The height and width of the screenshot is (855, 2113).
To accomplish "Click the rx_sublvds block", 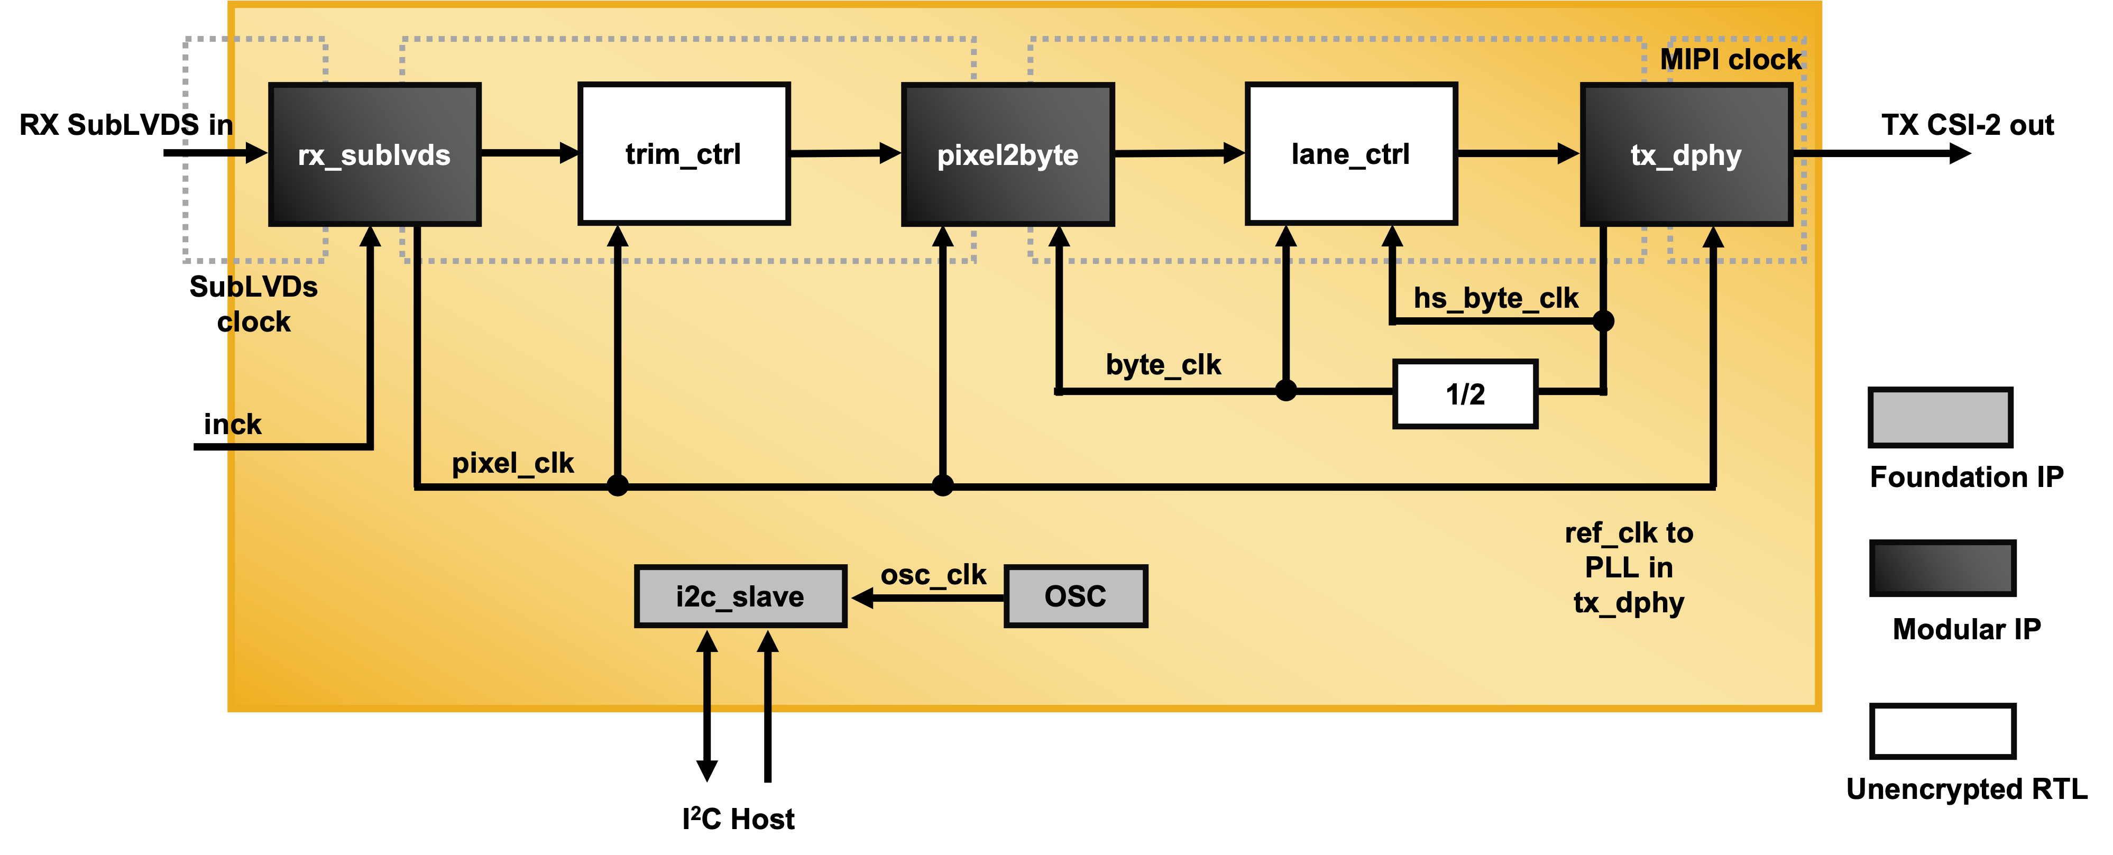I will click(374, 154).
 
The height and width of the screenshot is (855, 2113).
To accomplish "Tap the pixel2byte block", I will click(1007, 154).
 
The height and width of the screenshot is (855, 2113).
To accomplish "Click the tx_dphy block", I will click(1686, 154).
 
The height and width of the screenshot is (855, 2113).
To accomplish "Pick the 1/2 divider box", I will click(1465, 394).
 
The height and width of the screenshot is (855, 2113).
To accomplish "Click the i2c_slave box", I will click(740, 596).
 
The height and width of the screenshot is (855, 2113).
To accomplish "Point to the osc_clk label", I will click(933, 574).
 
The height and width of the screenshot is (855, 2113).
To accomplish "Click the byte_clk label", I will click(1163, 364).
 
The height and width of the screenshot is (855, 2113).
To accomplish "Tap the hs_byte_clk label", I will click(1495, 298).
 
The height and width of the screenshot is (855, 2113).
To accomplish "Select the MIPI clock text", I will click(1731, 59).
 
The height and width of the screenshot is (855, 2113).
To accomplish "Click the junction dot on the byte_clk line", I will click(1285, 391).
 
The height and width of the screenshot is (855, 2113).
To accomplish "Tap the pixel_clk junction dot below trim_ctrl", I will click(618, 486).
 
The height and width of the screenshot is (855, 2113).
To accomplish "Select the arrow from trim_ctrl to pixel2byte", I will click(845, 153).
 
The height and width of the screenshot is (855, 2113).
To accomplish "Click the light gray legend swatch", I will click(1941, 417).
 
